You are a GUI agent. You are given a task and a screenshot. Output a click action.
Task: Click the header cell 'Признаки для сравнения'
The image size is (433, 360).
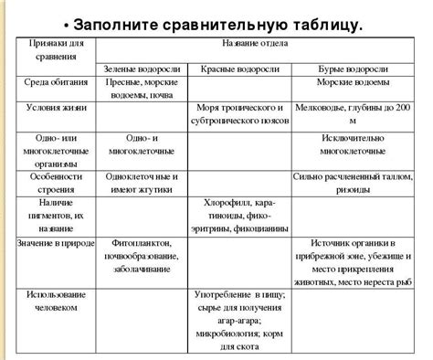click(x=54, y=53)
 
